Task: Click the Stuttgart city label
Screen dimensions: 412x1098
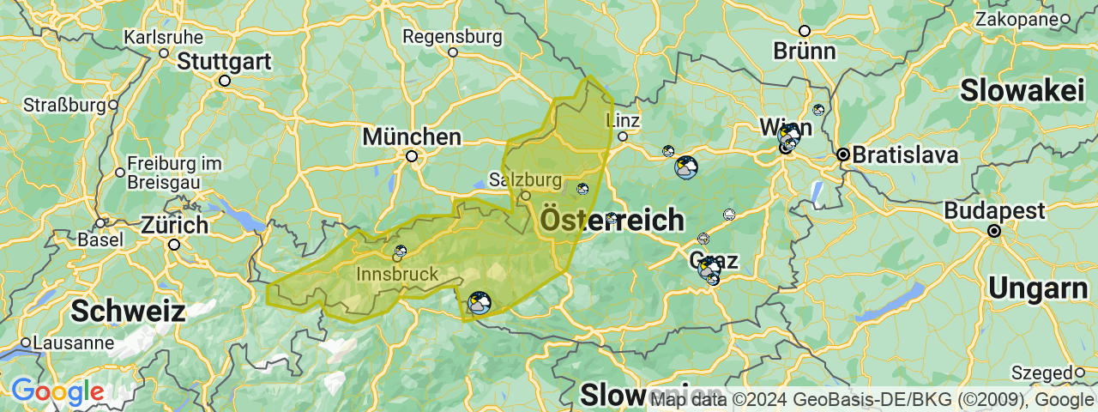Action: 225,62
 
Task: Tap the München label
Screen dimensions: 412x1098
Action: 412,136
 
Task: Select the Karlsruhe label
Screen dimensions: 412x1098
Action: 163,38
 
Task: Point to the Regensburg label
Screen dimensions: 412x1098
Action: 452,37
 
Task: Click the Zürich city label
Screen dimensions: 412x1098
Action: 174,226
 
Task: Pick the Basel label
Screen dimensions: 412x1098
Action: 100,239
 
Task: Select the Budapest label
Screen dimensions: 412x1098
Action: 995,211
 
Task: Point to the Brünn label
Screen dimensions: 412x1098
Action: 804,51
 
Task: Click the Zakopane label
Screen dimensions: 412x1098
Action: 1017,19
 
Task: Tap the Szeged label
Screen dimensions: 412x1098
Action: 1041,373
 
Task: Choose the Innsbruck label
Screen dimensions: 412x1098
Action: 396,275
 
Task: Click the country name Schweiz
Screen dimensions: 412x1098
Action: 128,311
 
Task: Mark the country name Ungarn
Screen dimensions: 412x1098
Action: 1038,288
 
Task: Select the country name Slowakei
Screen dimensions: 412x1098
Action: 1023,90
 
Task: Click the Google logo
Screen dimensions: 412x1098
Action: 57,391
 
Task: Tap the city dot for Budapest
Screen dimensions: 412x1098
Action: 994,231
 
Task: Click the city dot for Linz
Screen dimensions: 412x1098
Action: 623,136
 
